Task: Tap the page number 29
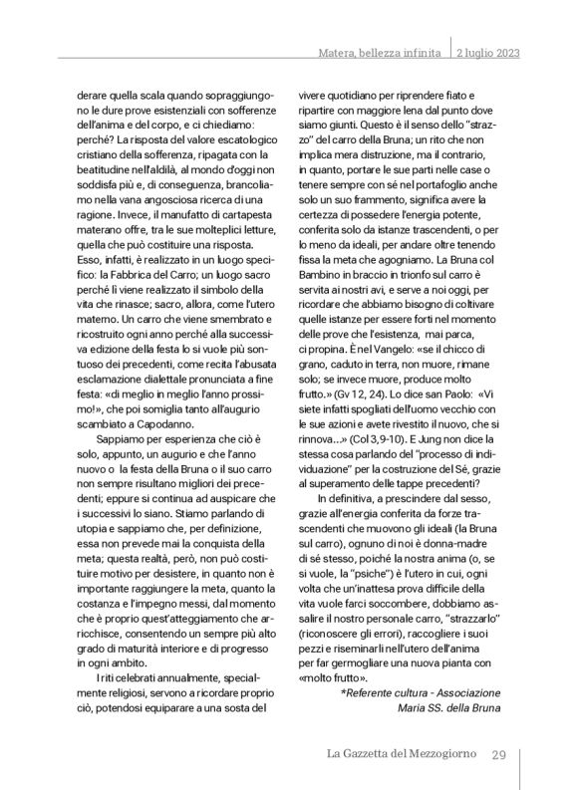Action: [x=501, y=754]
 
